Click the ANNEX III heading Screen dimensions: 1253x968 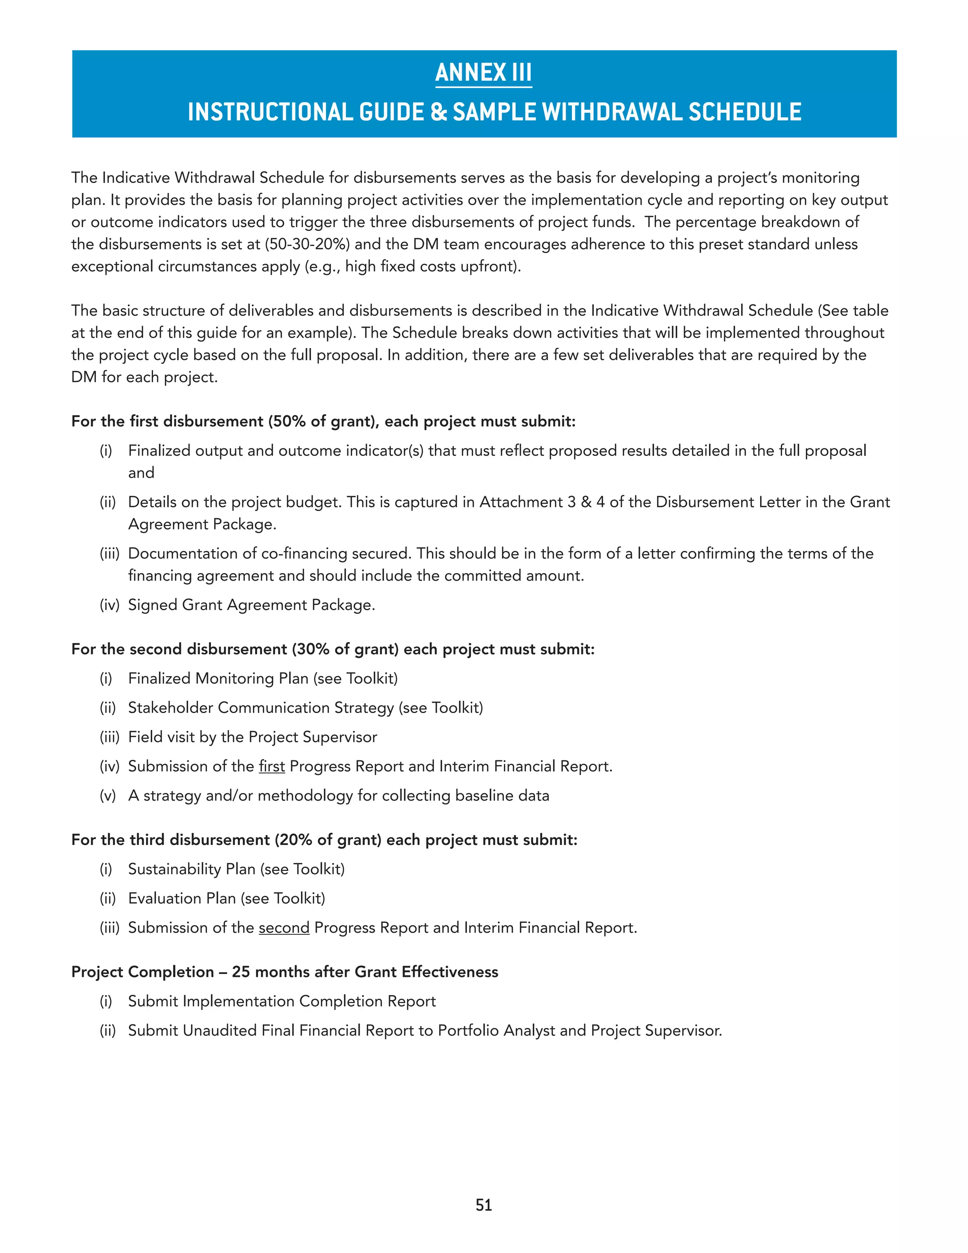[x=484, y=73]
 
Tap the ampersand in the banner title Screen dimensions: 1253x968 [x=438, y=113]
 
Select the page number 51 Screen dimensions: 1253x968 [x=484, y=1205]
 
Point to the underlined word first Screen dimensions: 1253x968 [x=271, y=766]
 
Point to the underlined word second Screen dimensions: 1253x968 [x=284, y=928]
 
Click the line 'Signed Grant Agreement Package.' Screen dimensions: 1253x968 [x=251, y=605]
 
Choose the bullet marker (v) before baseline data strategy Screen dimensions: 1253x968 [x=108, y=796]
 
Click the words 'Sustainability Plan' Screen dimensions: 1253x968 [x=191, y=869]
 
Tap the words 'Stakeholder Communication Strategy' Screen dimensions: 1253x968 [x=261, y=708]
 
